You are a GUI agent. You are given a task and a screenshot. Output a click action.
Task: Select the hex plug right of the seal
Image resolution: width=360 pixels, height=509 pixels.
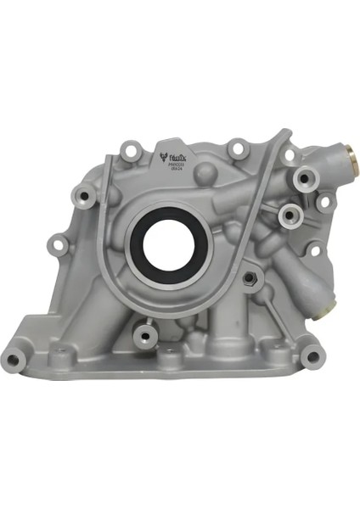click(x=252, y=278)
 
